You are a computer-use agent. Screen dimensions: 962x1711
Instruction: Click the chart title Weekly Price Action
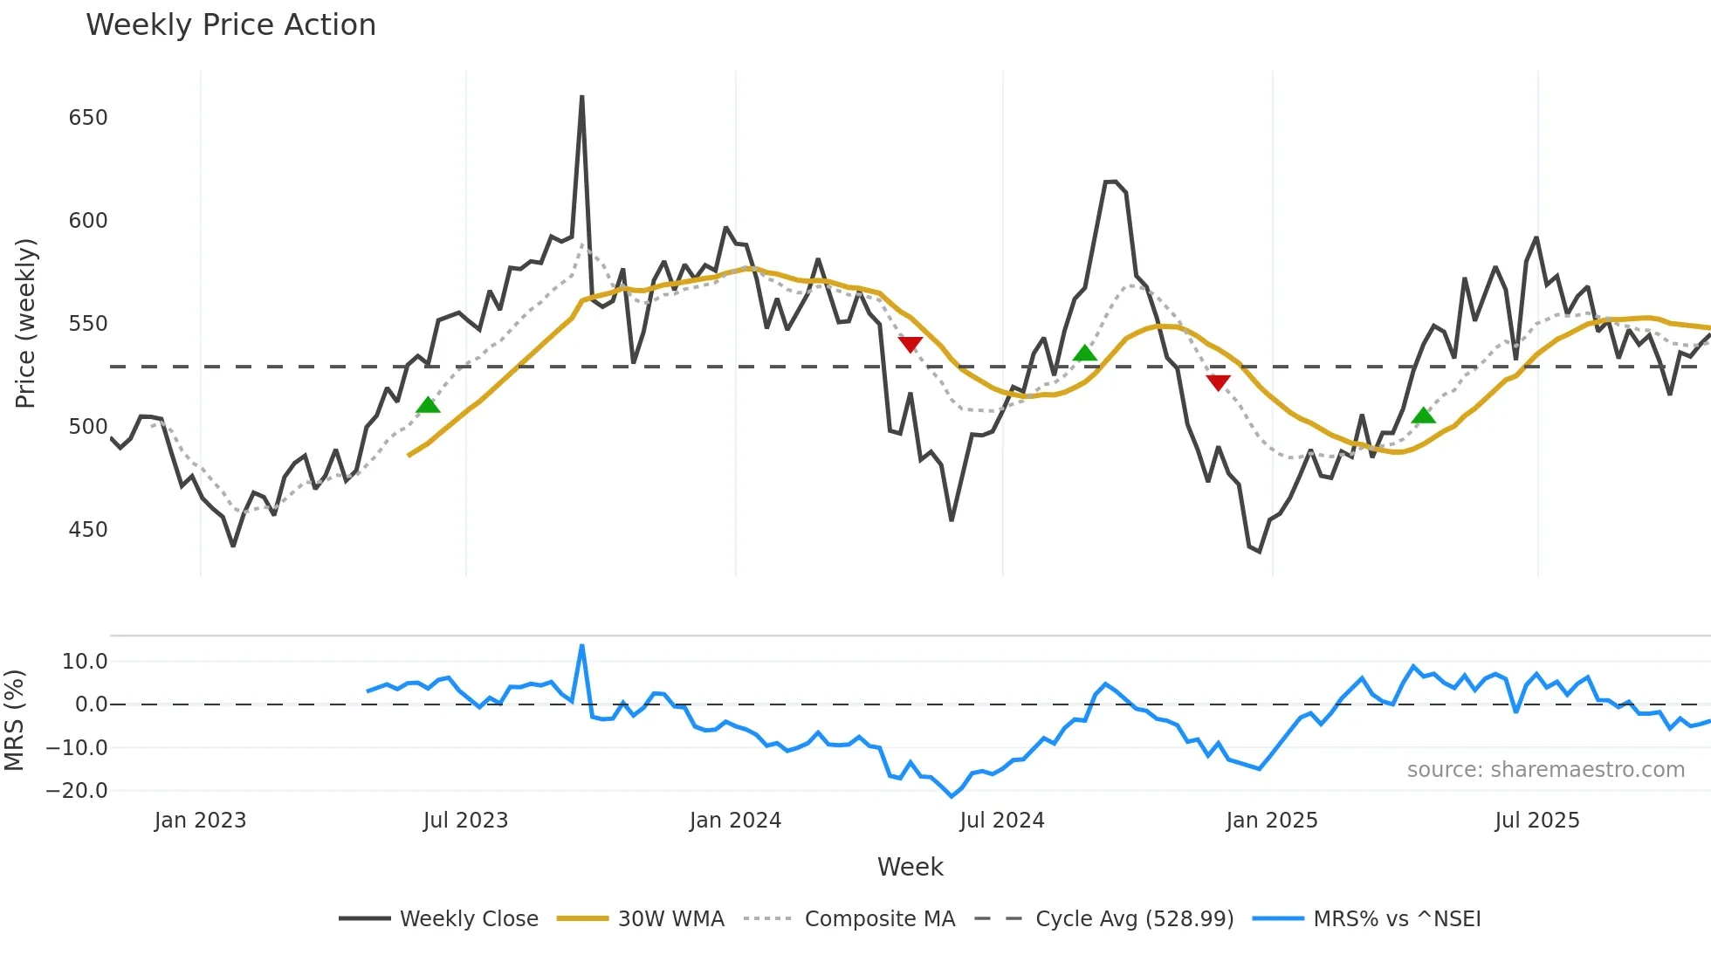230,25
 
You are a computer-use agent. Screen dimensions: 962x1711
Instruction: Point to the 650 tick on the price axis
88,118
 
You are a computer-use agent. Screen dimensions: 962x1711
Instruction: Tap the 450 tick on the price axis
88,530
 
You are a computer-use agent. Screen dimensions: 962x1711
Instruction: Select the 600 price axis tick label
88,221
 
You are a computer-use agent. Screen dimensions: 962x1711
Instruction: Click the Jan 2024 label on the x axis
735,821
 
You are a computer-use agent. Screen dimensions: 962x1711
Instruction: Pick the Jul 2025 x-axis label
1536,821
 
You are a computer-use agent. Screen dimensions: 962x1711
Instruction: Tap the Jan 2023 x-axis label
200,821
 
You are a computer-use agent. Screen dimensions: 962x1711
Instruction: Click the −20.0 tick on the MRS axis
77,791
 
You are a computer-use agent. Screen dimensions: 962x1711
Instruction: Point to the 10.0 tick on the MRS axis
85,662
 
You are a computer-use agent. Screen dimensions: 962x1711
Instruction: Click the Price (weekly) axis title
25,323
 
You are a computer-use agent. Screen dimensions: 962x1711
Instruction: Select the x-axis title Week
910,867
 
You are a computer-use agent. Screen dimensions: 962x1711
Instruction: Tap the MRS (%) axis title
14,720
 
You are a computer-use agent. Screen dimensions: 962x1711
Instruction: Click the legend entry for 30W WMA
670,919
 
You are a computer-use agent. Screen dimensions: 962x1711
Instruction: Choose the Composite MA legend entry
879,919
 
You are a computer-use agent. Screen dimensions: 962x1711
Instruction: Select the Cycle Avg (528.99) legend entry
1134,919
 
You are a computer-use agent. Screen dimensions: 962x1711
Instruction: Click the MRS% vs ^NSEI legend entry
1397,919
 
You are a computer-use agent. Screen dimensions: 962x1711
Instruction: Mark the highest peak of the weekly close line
582,97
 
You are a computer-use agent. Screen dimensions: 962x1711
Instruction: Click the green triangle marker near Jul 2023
428,405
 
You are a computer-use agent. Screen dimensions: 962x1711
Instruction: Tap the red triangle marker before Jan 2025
1218,382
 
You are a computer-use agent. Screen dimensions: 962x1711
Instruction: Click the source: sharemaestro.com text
1545,770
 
